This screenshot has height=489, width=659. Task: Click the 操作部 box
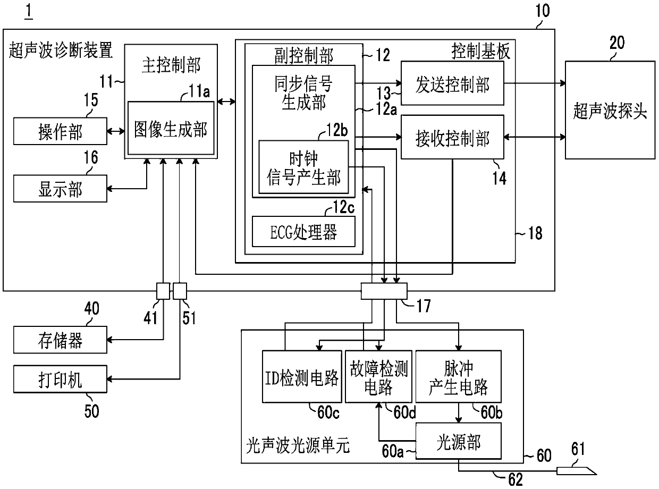pos(60,131)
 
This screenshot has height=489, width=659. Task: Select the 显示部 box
pos(60,189)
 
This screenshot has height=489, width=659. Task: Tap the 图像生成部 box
pos(171,128)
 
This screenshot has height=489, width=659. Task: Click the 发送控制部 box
pos(452,83)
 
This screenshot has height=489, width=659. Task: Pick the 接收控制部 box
pos(452,137)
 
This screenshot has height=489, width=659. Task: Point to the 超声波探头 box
pos(610,110)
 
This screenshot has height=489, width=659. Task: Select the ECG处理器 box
pos(303,232)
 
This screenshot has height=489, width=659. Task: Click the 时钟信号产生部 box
pos(303,167)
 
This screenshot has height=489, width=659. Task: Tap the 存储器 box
pos(60,340)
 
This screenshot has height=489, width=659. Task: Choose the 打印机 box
pos(60,379)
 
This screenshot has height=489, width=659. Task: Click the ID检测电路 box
pos(302,377)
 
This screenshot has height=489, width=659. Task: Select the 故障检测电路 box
pos(378,377)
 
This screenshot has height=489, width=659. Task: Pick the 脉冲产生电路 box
pos(459,377)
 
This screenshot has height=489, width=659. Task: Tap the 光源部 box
pos(459,441)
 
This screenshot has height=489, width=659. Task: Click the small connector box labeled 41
pos(163,291)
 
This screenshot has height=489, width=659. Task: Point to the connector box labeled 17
pos(384,291)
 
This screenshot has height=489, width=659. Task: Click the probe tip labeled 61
pos(576,471)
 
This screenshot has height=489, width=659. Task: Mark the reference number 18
pos(535,233)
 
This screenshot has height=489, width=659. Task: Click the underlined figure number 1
pos(29,11)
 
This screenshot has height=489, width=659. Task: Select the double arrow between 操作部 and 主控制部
pos(116,131)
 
